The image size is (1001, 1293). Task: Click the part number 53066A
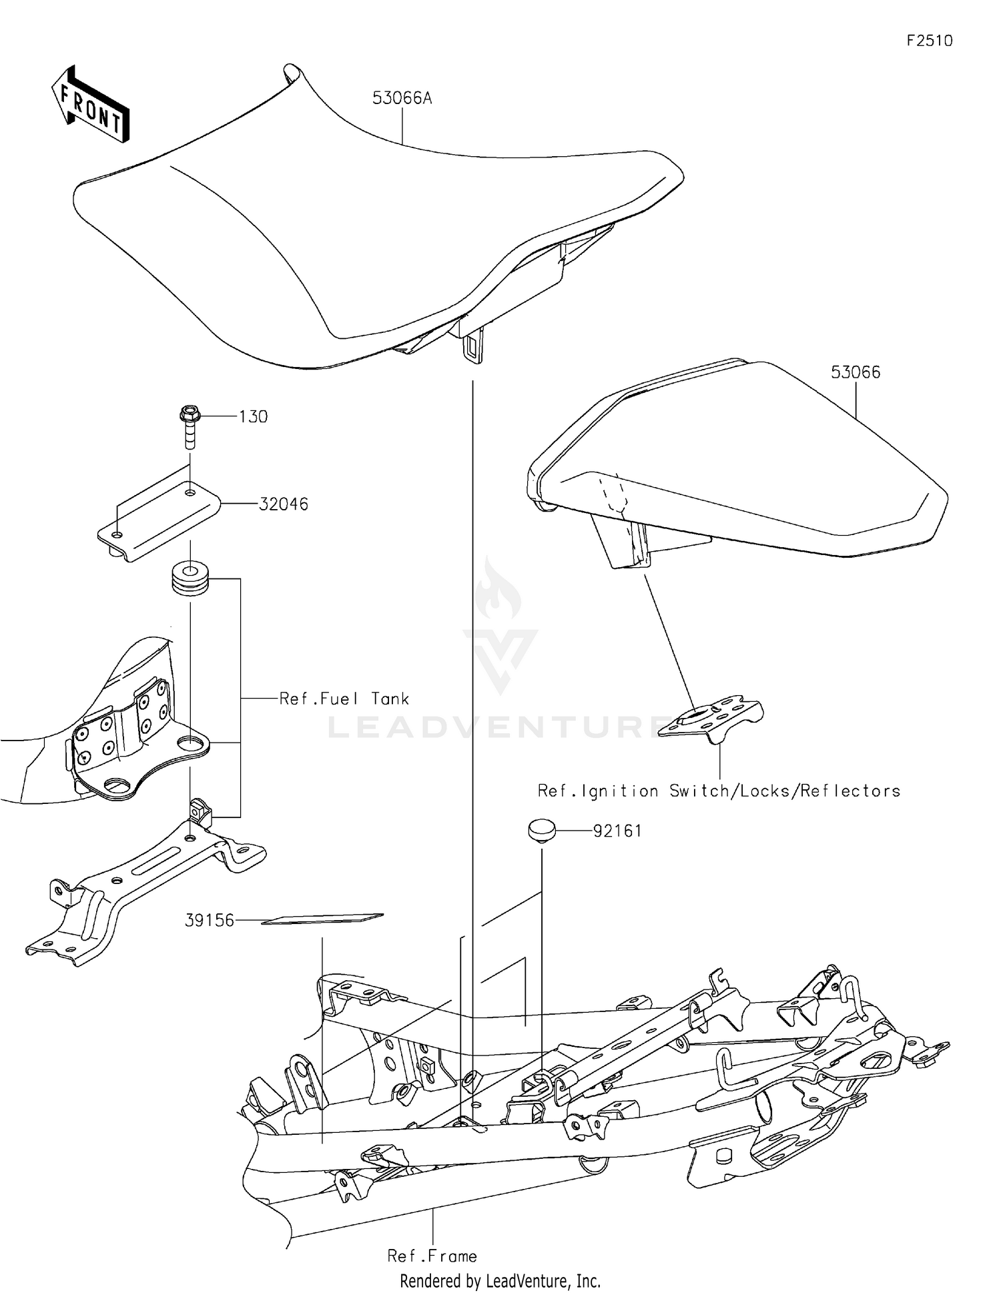(402, 99)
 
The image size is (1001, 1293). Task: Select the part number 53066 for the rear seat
(855, 372)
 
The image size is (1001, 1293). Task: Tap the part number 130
(254, 417)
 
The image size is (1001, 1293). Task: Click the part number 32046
(284, 504)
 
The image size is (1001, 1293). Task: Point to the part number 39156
(210, 921)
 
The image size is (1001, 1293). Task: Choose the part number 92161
(617, 831)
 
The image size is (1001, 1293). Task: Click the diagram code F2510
(929, 41)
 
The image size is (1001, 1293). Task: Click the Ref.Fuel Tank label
(344, 699)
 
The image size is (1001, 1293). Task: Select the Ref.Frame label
(432, 1256)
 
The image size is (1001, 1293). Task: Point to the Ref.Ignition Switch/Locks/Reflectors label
(719, 791)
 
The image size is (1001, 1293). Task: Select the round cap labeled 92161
(541, 831)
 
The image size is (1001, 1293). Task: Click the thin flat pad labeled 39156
(322, 919)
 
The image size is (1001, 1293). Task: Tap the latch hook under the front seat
(472, 347)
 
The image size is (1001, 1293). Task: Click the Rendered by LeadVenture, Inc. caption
(500, 1281)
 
